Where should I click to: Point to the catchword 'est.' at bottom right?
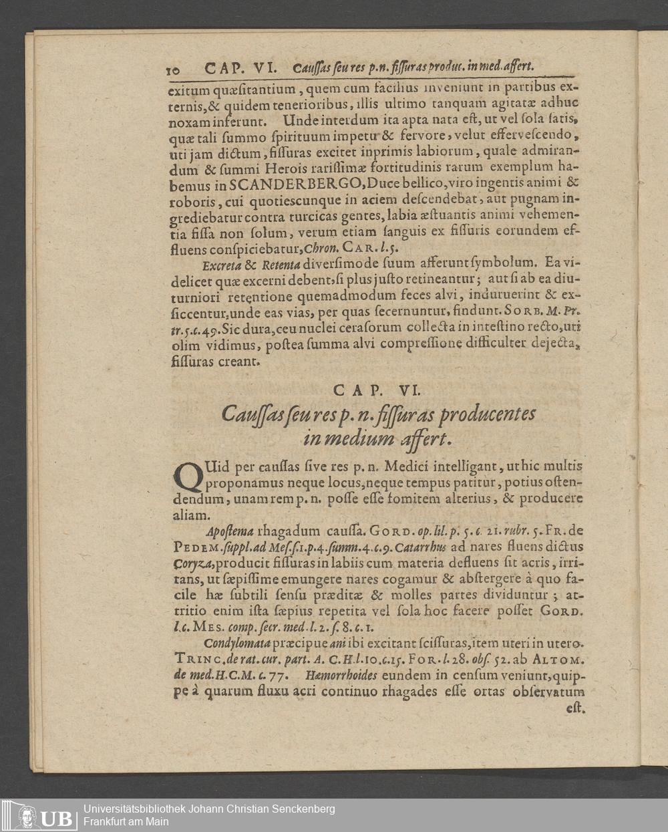(575, 708)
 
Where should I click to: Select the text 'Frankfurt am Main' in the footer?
(126, 821)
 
